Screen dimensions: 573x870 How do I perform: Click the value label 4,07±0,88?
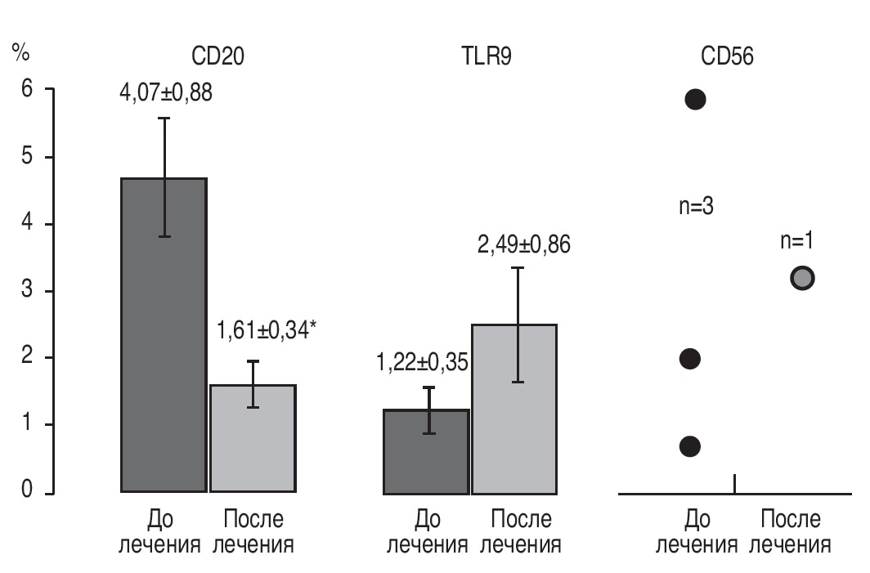coord(166,92)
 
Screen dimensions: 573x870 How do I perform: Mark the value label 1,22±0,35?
coord(422,360)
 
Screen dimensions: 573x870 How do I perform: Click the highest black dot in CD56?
coord(695,100)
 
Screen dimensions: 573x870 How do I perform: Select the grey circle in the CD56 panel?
coord(803,278)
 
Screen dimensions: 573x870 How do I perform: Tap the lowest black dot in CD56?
coord(690,445)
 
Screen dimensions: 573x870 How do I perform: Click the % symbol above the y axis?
coord(20,54)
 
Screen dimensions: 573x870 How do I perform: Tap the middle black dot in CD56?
coord(690,358)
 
